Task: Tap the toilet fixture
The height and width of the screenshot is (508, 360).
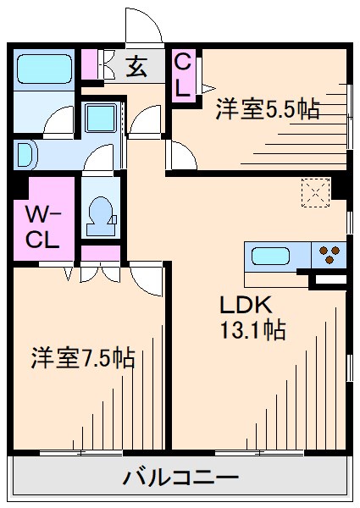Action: tap(100, 215)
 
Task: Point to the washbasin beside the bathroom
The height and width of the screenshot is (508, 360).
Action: tap(24, 155)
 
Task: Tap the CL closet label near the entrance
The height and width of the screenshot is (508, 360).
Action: tap(181, 75)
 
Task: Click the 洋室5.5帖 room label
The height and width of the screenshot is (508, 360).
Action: tap(267, 108)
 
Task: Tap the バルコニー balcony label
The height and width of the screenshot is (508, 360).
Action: tap(180, 478)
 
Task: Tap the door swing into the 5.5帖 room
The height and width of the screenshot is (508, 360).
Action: tap(180, 153)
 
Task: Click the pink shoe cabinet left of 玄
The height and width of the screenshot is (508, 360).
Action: tap(90, 64)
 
